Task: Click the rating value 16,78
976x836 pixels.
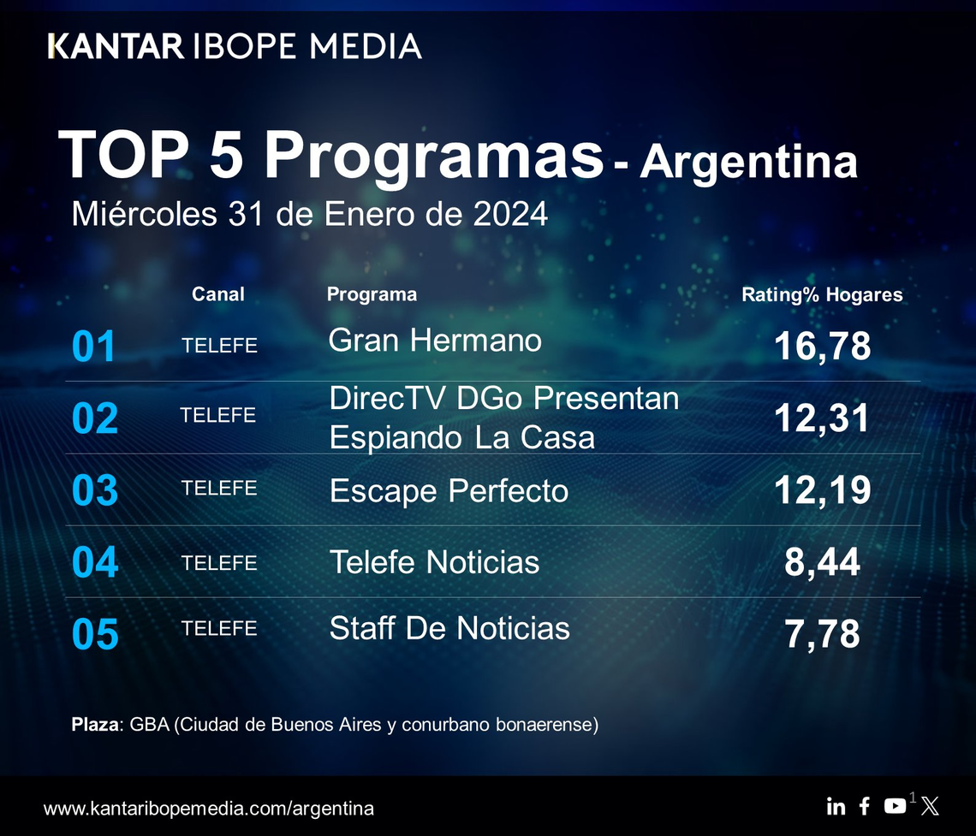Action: [x=822, y=347]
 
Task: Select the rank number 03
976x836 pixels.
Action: [x=94, y=491]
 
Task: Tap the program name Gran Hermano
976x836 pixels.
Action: [x=435, y=341]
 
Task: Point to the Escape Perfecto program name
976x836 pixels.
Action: [x=449, y=491]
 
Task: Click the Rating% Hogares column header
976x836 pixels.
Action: [x=822, y=295]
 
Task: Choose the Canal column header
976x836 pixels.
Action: [x=218, y=294]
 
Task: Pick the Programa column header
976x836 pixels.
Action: [x=372, y=294]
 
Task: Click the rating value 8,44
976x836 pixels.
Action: [x=822, y=563]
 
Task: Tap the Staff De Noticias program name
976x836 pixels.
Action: [x=449, y=628]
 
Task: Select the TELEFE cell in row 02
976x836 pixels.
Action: [x=218, y=416]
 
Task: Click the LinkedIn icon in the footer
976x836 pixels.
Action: [x=836, y=806]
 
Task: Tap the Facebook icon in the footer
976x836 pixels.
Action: [x=865, y=806]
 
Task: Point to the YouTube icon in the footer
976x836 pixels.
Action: [x=895, y=806]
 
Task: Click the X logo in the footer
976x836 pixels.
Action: [x=930, y=806]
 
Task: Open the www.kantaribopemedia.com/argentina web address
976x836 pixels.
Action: [x=208, y=808]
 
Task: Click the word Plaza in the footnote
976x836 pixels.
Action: [x=97, y=725]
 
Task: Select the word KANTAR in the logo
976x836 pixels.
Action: [x=116, y=45]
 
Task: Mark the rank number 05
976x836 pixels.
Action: [x=94, y=635]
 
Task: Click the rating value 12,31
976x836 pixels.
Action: [x=822, y=418]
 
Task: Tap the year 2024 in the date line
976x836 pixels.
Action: [x=510, y=214]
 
